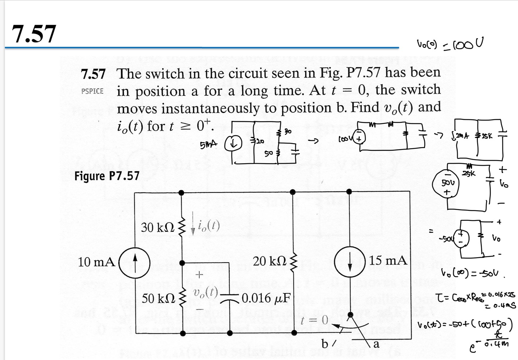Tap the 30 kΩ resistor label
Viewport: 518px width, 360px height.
[x=158, y=227]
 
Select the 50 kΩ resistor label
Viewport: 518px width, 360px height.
[x=158, y=298]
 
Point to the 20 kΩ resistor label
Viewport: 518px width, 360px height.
[x=269, y=261]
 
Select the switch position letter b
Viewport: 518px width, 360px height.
[x=324, y=344]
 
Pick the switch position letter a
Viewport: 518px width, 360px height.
[x=376, y=344]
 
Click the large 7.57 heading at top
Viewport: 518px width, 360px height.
[x=34, y=34]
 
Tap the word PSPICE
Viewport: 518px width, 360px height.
[x=92, y=91]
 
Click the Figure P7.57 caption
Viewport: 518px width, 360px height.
[x=106, y=176]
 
